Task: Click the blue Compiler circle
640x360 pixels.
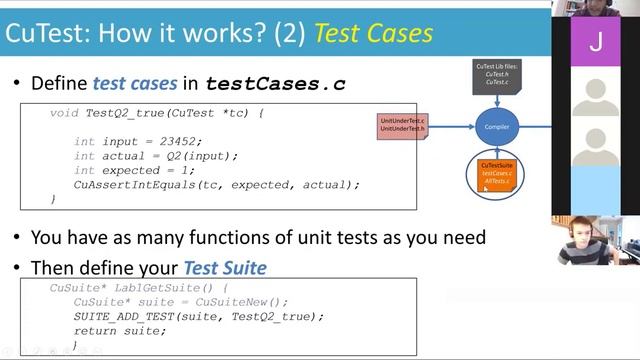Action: [x=496, y=127]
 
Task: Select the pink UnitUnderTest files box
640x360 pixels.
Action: [x=402, y=126]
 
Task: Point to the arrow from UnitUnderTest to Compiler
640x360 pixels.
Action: [x=450, y=127]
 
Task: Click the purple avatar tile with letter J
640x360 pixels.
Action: [x=596, y=41]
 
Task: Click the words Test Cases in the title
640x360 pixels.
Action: [x=373, y=33]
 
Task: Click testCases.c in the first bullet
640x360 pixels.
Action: [x=275, y=84]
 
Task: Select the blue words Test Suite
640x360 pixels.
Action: [x=225, y=268]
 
